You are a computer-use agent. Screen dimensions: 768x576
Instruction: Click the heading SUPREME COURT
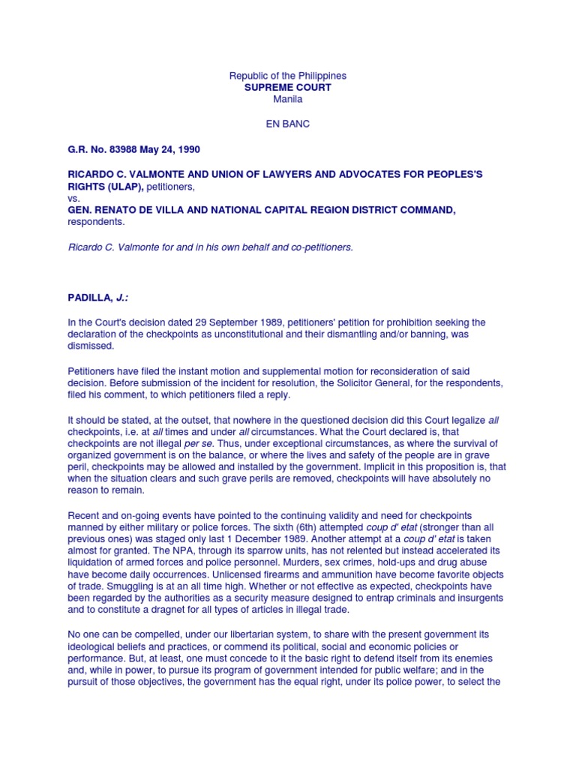coord(288,88)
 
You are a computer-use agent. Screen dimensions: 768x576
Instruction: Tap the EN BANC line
coord(288,124)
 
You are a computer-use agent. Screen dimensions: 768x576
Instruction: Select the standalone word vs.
coord(73,198)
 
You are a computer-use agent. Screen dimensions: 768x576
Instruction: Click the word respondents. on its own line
coord(96,222)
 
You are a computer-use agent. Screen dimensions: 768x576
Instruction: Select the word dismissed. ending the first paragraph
coord(91,346)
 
